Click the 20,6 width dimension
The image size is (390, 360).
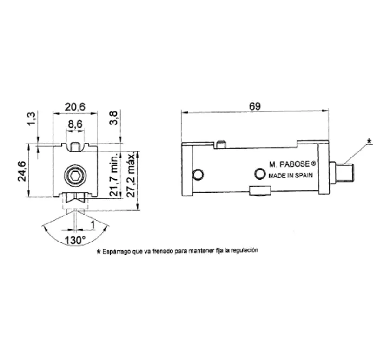75,107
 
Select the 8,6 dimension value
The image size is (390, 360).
75,124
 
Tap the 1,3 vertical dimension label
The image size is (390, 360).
32,118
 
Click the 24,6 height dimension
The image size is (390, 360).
22,171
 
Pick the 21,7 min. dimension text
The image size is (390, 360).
114,175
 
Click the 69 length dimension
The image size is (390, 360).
255,106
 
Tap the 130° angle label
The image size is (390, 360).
75,241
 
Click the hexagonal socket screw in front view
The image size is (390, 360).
75,176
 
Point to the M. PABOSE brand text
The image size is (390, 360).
292,164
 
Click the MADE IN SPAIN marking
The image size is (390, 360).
291,176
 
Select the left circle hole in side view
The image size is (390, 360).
198,174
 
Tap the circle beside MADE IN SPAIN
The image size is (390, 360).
260,174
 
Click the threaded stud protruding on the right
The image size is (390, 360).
342,172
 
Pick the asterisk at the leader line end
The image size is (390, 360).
370,141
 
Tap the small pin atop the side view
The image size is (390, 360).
221,144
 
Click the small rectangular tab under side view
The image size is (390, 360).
260,190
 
